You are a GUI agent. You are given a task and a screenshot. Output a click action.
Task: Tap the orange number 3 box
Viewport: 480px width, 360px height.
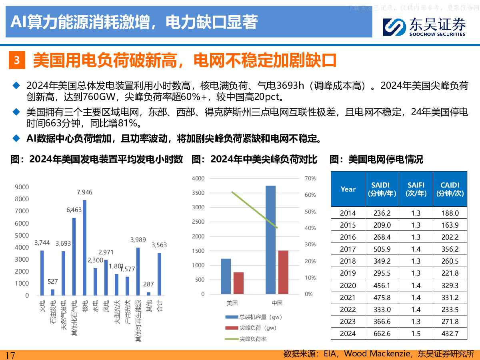click(x=17, y=60)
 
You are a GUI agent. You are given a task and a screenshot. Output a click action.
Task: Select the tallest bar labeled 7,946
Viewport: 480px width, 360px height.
click(x=84, y=247)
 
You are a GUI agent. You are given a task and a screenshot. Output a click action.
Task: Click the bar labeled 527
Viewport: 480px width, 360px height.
click(x=53, y=292)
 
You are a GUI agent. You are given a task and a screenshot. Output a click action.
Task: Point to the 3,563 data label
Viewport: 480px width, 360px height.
click(x=159, y=245)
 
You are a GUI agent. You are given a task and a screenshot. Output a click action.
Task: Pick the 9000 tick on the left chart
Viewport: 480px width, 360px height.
click(x=22, y=187)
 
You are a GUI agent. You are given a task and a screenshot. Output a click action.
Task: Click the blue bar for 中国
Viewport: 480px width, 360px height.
click(x=270, y=240)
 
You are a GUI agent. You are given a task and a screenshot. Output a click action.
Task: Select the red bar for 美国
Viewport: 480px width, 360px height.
click(x=238, y=283)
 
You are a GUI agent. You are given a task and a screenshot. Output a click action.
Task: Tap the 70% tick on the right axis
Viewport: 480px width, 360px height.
click(x=310, y=178)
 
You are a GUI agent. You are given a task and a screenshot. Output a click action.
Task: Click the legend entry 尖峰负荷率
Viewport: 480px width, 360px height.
click(x=253, y=339)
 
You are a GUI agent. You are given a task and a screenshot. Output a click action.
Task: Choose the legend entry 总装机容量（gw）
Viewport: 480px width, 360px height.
click(x=260, y=317)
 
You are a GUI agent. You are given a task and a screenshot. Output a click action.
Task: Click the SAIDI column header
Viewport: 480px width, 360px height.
click(x=382, y=189)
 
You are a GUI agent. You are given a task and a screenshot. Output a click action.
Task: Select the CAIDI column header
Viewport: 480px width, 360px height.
click(x=450, y=189)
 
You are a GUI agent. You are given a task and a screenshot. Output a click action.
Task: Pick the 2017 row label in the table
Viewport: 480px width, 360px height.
click(x=348, y=249)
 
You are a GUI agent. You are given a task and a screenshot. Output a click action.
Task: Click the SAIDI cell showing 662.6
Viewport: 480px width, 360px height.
click(x=382, y=334)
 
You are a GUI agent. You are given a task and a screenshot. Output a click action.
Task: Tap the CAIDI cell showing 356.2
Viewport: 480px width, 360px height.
click(x=450, y=249)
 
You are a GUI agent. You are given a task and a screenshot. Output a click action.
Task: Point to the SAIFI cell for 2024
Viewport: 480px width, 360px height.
click(x=416, y=334)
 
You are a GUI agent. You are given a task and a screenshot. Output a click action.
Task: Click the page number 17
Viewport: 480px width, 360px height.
click(x=10, y=355)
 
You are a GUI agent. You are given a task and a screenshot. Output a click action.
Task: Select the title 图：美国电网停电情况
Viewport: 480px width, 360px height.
click(x=376, y=160)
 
